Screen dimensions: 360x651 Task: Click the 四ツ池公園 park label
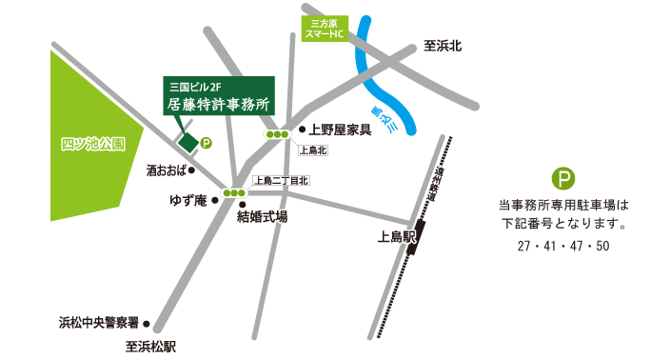tap(93, 146)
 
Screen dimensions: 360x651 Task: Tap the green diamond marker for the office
tap(188, 143)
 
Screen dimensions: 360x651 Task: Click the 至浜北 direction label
tap(442, 46)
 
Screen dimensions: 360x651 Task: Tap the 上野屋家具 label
tap(340, 130)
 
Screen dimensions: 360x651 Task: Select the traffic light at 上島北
tap(277, 135)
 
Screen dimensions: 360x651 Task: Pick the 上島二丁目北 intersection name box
tap(280, 180)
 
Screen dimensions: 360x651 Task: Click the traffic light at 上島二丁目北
tap(232, 194)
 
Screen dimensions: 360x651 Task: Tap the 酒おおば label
tap(165, 171)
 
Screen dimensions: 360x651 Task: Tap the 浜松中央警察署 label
tap(99, 322)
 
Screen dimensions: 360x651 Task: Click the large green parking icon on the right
tap(565, 179)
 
